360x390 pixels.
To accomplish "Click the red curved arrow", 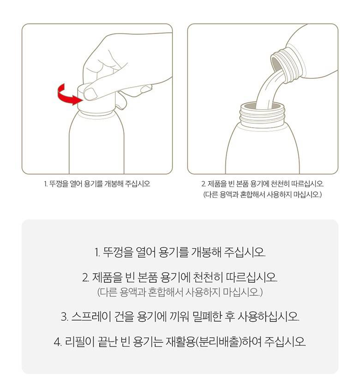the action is click(65, 96).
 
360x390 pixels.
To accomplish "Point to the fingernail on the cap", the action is click(90, 93).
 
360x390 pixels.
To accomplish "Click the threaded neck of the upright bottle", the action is click(262, 115).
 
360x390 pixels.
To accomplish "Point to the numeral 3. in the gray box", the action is click(65, 317).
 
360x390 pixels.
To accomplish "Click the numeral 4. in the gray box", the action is click(58, 342).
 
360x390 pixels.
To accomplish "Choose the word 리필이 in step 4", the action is click(80, 342).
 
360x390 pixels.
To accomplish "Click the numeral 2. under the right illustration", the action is click(204, 184).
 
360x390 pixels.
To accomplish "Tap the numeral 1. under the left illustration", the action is click(46, 184).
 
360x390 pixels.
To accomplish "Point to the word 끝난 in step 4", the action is click(107, 342).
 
